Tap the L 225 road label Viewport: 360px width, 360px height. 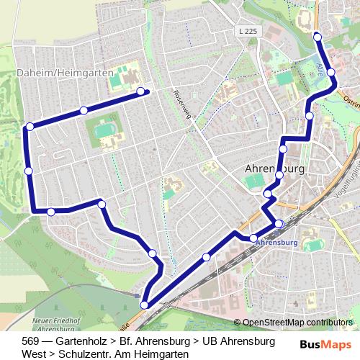pos(245,32)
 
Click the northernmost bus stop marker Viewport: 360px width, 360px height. pos(317,35)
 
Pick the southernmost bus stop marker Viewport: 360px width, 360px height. pos(144,305)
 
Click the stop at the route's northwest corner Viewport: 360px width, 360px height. pos(30,127)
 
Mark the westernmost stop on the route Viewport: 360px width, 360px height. pos(28,171)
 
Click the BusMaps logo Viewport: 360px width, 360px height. pos(326,344)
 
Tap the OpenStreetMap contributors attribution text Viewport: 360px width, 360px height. pos(297,322)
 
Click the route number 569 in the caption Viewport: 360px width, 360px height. pos(31,341)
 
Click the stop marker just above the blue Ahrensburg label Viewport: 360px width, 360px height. pos(278,224)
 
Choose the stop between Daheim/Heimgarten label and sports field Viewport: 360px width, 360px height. pos(84,110)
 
